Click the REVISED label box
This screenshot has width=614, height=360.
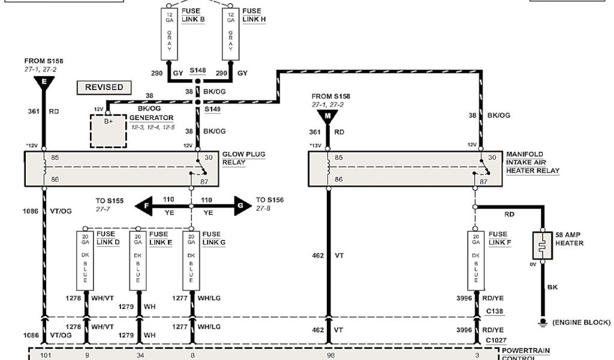[x=104, y=88]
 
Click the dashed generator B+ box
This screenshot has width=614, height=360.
[x=108, y=130]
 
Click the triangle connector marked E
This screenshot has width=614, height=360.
[x=44, y=83]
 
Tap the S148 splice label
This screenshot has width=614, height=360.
[x=198, y=71]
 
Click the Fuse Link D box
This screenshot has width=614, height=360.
[x=85, y=259]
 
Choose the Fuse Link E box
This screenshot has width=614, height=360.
[x=139, y=259]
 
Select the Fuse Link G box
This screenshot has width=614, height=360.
[x=191, y=259]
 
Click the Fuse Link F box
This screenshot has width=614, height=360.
[x=476, y=259]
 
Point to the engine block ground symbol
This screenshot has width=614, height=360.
[x=543, y=323]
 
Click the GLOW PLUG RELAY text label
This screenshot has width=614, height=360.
[x=243, y=158]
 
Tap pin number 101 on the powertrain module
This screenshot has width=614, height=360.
[x=44, y=355]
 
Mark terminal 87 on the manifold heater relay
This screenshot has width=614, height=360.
[x=493, y=180]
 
